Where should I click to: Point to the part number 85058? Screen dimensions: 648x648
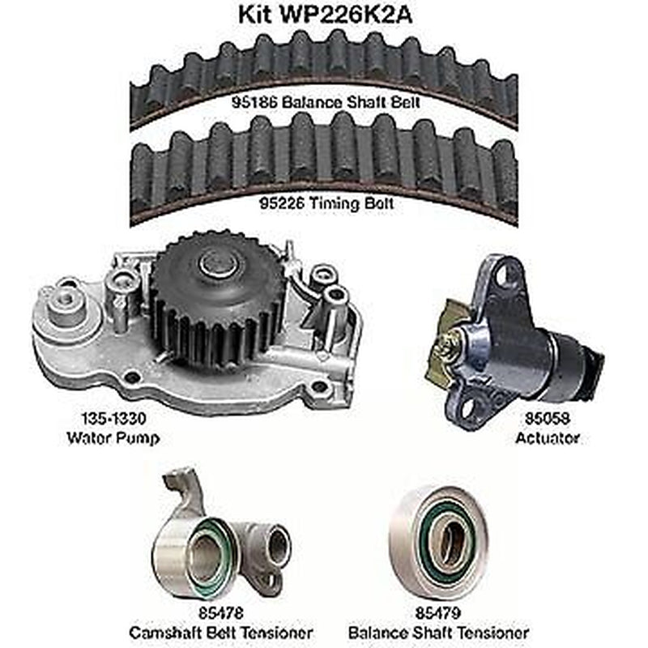coord(548,421)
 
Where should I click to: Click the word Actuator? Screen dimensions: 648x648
coord(548,438)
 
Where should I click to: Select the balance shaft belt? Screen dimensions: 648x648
coord(324,69)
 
